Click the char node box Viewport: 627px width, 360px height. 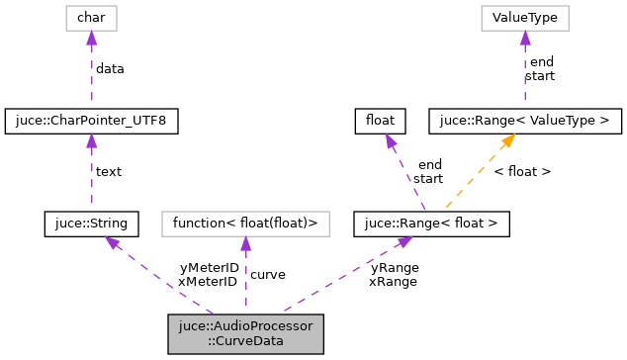[x=91, y=18]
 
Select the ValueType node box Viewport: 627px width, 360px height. [x=524, y=18]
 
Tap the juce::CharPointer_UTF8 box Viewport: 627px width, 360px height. [x=91, y=121]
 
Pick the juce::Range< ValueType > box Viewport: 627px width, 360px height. [x=524, y=121]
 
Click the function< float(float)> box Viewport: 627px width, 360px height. [x=245, y=224]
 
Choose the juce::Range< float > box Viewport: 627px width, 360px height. [x=432, y=224]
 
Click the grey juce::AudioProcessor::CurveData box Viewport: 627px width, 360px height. [x=245, y=334]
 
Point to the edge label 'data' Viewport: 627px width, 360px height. [x=110, y=69]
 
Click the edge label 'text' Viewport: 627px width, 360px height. [x=108, y=172]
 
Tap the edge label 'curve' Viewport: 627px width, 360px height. [x=267, y=274]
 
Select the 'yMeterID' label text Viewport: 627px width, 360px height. [x=209, y=268]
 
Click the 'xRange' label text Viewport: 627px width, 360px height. [x=393, y=281]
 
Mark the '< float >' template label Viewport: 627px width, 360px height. [x=522, y=172]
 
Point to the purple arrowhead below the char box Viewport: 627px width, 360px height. [x=91, y=38]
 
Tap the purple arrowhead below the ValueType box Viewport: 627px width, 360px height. [x=524, y=38]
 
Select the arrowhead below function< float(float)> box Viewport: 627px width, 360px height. [x=245, y=243]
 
